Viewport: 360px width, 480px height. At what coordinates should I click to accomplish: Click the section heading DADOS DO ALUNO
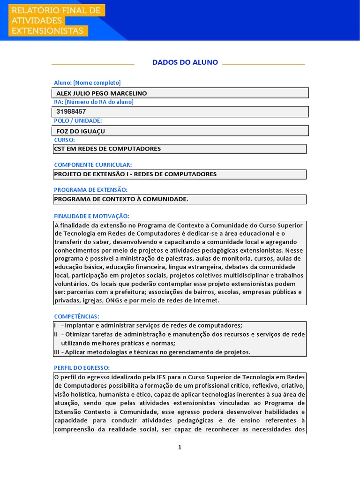pyautogui.click(x=185, y=62)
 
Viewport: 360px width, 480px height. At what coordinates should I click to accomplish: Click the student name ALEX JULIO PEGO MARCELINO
pyautogui.click(x=101, y=93)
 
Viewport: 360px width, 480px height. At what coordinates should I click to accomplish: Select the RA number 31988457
pyautogui.click(x=71, y=112)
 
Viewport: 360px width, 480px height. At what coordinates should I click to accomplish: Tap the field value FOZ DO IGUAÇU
pyautogui.click(x=81, y=131)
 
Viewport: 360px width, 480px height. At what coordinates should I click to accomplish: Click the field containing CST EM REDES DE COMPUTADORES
pyautogui.click(x=108, y=149)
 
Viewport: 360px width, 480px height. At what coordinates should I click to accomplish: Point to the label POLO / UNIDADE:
pyautogui.click(x=78, y=121)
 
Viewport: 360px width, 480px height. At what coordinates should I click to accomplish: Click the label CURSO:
pyautogui.click(x=65, y=140)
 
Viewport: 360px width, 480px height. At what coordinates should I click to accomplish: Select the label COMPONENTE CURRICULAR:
pyautogui.click(x=93, y=165)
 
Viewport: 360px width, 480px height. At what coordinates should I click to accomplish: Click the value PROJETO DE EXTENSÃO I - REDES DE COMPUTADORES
pyautogui.click(x=135, y=174)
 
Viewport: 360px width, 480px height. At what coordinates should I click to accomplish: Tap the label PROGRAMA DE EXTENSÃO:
pyautogui.click(x=91, y=190)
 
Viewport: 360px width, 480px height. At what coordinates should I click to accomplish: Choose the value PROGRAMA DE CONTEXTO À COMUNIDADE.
pyautogui.click(x=121, y=199)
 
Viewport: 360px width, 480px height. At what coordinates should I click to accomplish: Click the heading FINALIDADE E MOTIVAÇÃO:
pyautogui.click(x=91, y=216)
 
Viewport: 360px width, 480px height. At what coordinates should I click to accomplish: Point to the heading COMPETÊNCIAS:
pyautogui.click(x=77, y=316)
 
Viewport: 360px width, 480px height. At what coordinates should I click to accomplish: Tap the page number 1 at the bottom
pyautogui.click(x=180, y=447)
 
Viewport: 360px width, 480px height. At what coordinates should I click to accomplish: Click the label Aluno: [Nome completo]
pyautogui.click(x=87, y=83)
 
